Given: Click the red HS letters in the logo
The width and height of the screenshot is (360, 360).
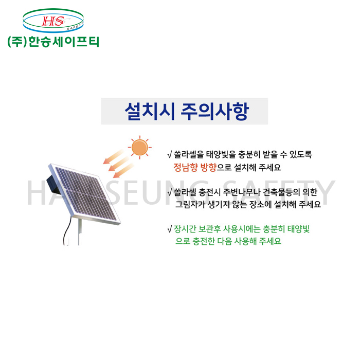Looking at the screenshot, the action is (x=53, y=21).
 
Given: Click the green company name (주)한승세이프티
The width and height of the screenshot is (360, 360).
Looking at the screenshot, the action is (x=53, y=42).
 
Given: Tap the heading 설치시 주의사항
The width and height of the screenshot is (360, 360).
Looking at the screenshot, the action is (x=187, y=112).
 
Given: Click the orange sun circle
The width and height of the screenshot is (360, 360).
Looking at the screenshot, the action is (x=139, y=147).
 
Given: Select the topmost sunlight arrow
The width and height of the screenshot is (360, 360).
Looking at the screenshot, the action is (x=113, y=156).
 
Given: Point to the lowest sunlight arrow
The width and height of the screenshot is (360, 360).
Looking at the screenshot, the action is (x=123, y=171).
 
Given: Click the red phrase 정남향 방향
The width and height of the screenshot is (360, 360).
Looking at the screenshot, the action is (x=195, y=167).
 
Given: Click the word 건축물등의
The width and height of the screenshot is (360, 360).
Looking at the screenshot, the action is (x=281, y=192).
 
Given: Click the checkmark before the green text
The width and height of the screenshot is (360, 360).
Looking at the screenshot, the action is (x=170, y=229).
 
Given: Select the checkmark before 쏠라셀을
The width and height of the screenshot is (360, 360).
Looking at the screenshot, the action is (x=170, y=155).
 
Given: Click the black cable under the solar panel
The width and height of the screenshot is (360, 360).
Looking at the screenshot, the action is (x=67, y=229).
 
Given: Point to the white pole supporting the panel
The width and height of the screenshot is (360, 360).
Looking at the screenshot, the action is (x=80, y=232).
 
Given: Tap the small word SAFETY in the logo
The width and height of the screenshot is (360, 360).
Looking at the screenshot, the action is (x=75, y=27).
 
